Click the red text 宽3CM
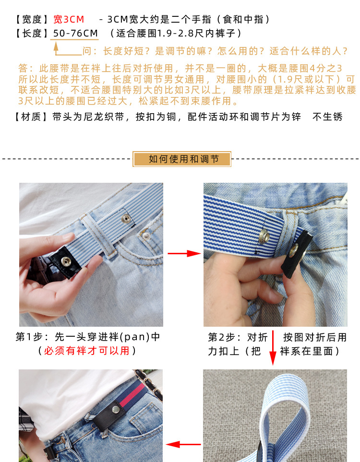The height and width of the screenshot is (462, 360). point(68,20)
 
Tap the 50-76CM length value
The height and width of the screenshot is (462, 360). point(75,33)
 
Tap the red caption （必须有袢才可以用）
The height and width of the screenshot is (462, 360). point(87,351)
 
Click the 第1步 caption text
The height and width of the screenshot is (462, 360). point(88,337)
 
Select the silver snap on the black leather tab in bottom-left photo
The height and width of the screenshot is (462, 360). point(116,409)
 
